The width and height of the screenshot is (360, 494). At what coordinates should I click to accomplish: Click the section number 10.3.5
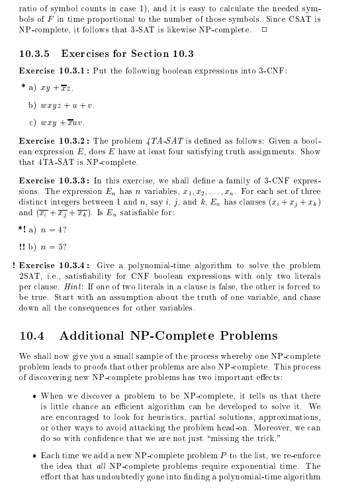tap(36, 54)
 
